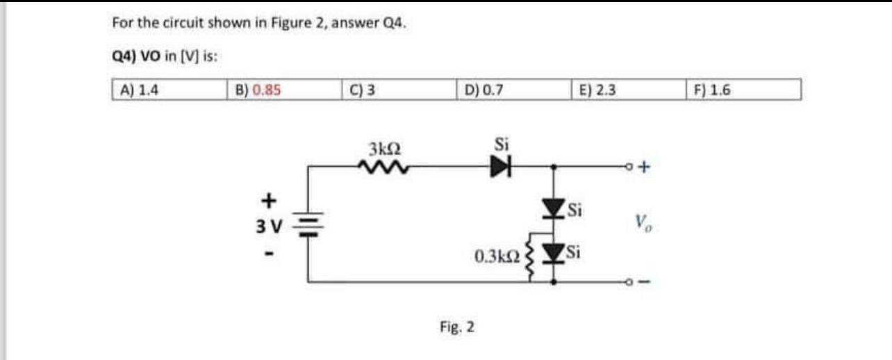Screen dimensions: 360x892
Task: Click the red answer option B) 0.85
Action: [x=258, y=90]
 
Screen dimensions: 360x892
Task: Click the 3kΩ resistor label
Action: [x=383, y=149]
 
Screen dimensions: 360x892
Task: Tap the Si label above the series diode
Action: [x=502, y=145]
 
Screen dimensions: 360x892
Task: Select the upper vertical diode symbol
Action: [x=554, y=206]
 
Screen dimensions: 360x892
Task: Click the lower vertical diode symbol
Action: [x=554, y=254]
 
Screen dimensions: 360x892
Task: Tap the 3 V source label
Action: [x=265, y=227]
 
